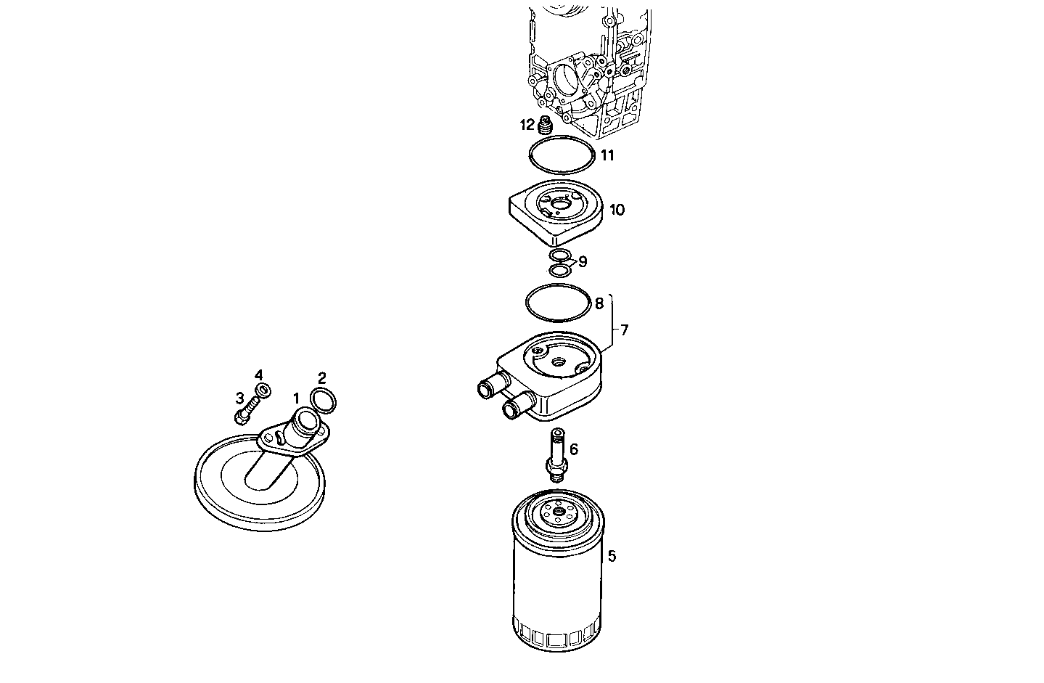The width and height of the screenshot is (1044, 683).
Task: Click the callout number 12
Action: (x=527, y=125)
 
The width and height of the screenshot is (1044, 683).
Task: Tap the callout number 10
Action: (x=617, y=210)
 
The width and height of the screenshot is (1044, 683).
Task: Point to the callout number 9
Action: (x=583, y=261)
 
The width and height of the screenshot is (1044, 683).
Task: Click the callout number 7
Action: (x=624, y=330)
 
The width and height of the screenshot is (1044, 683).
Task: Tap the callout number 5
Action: (x=612, y=557)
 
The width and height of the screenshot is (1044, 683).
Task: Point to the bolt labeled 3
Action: (x=244, y=410)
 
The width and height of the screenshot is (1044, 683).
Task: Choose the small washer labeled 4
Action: (x=265, y=390)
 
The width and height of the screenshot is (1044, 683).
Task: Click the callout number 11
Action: (x=607, y=155)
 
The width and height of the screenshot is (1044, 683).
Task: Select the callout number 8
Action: (x=599, y=303)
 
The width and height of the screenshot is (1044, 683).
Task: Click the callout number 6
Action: (x=574, y=449)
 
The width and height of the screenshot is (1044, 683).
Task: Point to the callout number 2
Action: (x=322, y=377)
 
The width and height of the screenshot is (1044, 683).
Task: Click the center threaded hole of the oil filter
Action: (x=558, y=512)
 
